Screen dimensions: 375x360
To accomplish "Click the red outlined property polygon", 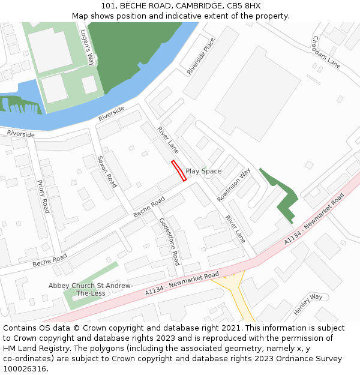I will [x=179, y=170].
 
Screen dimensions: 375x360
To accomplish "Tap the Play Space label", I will [x=203, y=171].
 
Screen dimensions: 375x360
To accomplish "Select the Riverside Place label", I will [x=200, y=56].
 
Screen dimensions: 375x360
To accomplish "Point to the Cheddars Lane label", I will [x=326, y=52].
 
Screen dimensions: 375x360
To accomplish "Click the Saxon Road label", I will [x=106, y=172].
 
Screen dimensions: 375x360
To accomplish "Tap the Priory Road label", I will [x=43, y=196].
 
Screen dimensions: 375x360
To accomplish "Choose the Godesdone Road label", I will [x=169, y=241].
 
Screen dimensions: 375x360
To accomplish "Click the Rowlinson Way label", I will [x=234, y=184].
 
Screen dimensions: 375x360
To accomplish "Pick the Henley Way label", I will [x=308, y=304].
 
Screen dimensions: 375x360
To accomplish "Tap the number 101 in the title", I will [x=108, y=5].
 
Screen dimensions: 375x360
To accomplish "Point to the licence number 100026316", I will [x=25, y=368].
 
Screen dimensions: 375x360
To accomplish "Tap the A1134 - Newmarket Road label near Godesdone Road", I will [x=182, y=284].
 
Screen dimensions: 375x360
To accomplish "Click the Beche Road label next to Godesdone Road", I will [x=149, y=207].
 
